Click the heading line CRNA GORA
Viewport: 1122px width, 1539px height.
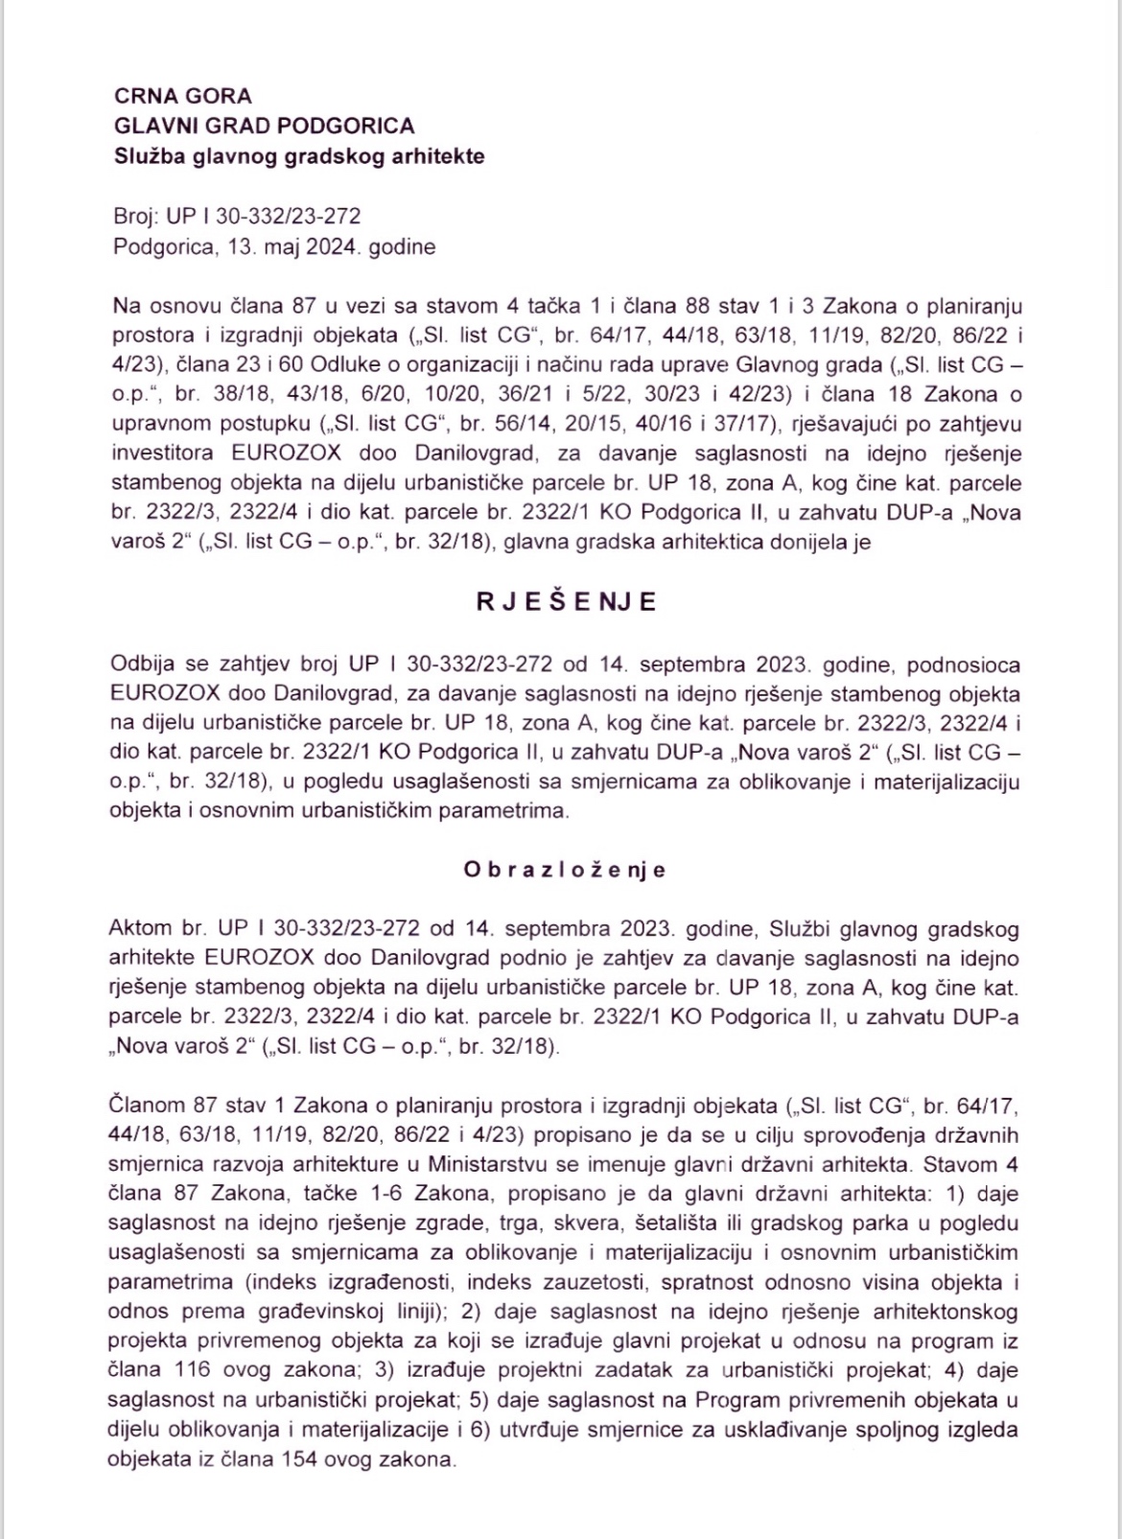pos(182,96)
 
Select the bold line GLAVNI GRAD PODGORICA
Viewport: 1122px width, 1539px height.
pos(264,126)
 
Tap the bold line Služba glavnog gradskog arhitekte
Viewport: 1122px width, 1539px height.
pos(298,155)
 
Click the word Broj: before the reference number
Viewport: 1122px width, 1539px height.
pos(135,218)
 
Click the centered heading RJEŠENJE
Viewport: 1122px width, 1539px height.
pos(566,601)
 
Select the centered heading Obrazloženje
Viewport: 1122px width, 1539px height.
pos(565,870)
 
